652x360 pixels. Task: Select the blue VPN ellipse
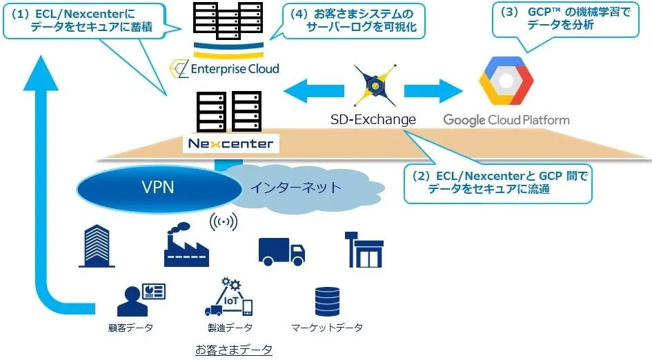tap(157, 187)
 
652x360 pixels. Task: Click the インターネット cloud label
tap(295, 187)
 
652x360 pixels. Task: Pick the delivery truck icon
tap(281, 250)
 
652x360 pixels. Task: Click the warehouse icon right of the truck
tap(364, 249)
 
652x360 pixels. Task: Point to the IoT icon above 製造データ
tap(229, 297)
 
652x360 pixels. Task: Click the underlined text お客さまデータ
tap(233, 350)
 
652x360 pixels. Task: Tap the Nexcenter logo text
tap(229, 144)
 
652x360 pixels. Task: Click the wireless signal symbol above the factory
tap(222, 222)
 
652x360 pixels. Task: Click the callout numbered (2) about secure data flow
tap(499, 183)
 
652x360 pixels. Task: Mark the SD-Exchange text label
tap(373, 119)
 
